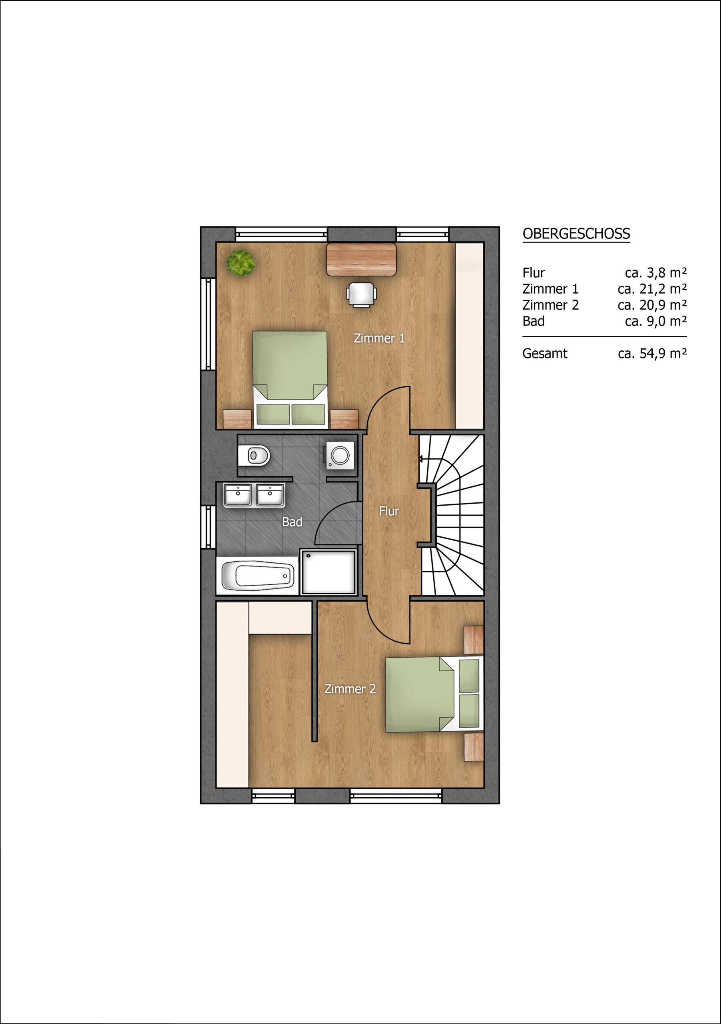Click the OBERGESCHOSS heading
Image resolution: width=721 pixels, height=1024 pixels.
[576, 234]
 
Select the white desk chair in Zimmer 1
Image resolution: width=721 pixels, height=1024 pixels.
[361, 294]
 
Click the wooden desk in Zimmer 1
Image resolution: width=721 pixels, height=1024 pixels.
[362, 259]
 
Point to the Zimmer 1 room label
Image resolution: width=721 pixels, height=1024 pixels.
[379, 338]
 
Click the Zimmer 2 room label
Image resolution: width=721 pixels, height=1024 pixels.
[350, 689]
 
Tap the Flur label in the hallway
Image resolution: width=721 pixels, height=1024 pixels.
[388, 511]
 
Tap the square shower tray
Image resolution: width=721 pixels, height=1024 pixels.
[329, 572]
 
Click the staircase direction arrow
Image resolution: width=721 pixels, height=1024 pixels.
[422, 458]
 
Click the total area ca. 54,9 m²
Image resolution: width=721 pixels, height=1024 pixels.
[652, 354]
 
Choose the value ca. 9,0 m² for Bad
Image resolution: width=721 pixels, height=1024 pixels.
[655, 321]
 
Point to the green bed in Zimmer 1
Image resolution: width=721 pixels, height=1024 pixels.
[290, 380]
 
